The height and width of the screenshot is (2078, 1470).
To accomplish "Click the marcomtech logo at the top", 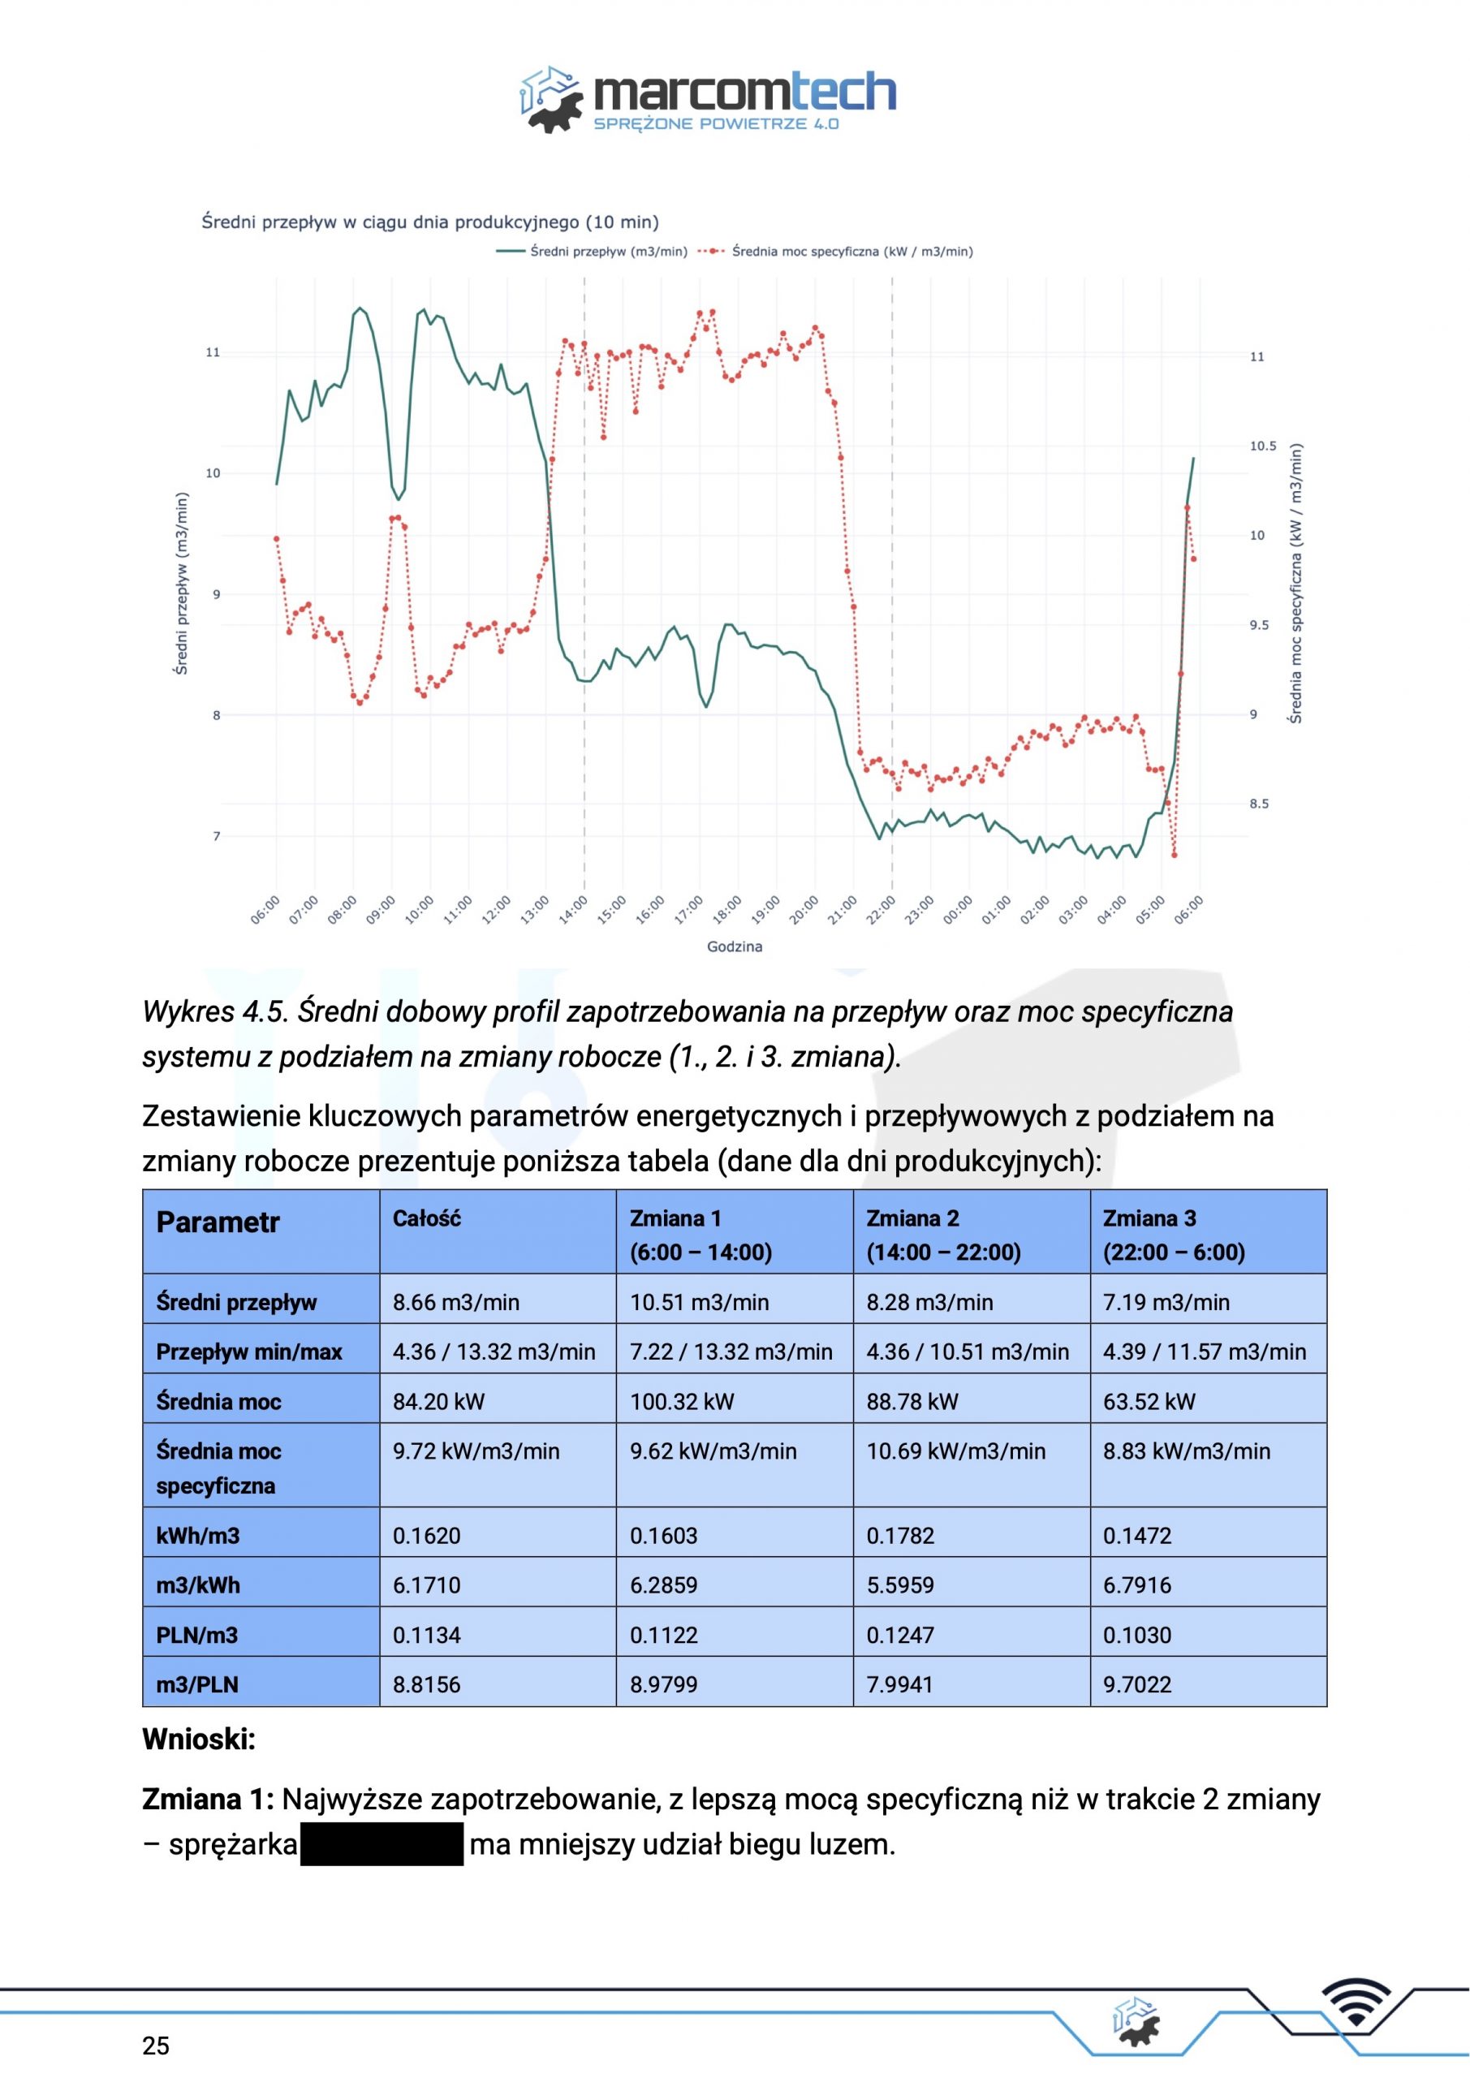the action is tap(708, 100).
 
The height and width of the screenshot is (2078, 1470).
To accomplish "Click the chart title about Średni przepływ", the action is tap(430, 222).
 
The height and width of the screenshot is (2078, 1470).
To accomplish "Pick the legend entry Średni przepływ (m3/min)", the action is tap(592, 252).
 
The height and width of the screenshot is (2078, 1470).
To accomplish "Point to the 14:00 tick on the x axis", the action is tap(573, 908).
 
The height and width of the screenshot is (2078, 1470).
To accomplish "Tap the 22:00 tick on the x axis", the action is tap(881, 908).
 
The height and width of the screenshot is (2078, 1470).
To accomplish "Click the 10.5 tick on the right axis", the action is tap(1263, 446).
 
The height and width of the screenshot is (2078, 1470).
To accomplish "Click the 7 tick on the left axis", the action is tap(217, 836).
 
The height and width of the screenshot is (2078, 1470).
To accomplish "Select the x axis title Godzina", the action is tap(735, 946).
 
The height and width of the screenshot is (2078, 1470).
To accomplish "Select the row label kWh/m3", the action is tap(197, 1536).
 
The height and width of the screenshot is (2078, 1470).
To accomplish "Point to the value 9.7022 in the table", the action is tap(1137, 1685).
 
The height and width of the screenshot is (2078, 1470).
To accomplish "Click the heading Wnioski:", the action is tap(199, 1740).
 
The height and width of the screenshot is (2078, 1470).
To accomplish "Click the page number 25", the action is tap(156, 2046).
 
